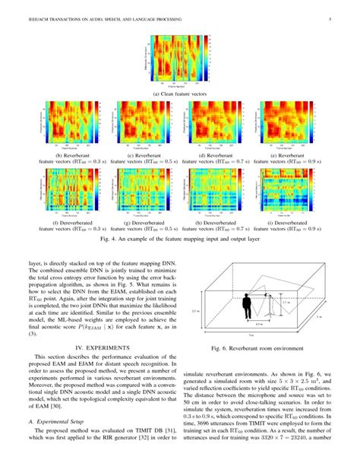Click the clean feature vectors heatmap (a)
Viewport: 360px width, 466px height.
180,60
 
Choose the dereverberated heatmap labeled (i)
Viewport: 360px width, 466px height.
283,189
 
